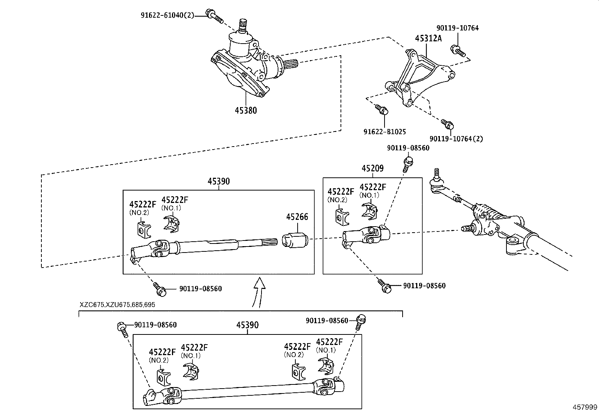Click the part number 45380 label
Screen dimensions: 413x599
(x=246, y=110)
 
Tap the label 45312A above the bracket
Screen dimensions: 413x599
(x=428, y=38)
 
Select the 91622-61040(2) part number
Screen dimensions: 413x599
(x=167, y=15)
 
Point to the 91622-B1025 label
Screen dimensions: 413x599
(x=385, y=132)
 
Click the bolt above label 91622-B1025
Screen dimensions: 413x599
(x=382, y=109)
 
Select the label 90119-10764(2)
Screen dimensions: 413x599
(x=456, y=139)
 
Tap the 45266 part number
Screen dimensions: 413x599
(x=297, y=217)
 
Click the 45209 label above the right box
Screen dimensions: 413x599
(x=372, y=168)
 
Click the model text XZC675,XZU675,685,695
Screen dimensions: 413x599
(x=117, y=305)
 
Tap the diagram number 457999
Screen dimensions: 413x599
(x=585, y=407)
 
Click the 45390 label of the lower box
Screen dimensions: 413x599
(x=247, y=325)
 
